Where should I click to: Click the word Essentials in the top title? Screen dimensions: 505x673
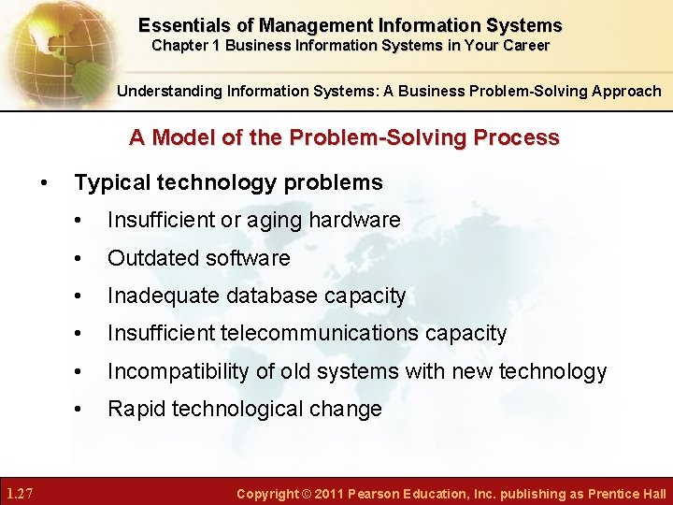pos(182,25)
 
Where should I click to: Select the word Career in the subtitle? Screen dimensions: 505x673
pos(524,45)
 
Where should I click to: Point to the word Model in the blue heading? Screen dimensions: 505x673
pos(178,137)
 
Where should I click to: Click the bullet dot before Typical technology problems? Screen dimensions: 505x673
pos(44,182)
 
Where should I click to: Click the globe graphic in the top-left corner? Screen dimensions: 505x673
pos(47,47)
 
